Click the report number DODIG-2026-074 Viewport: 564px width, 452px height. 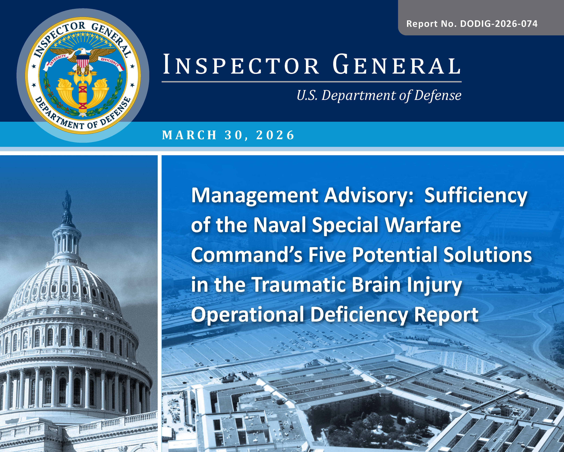click(x=499, y=24)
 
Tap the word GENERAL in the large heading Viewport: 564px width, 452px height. click(x=397, y=64)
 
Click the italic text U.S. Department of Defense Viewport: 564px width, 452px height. click(x=379, y=95)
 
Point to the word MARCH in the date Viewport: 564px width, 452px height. click(x=189, y=135)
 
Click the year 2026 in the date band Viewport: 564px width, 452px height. click(x=275, y=135)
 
